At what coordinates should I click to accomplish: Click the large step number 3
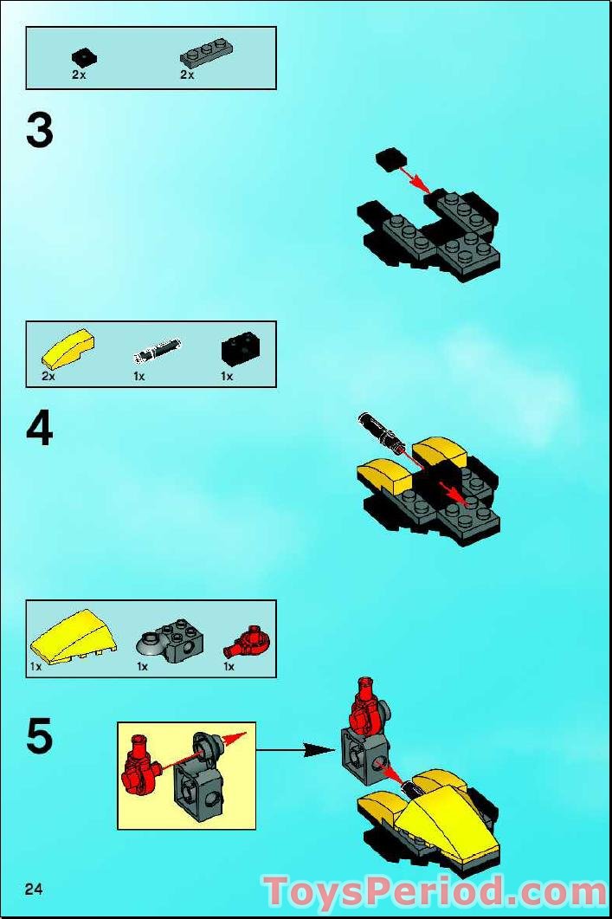tap(40, 132)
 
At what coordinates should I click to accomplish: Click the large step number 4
tap(40, 430)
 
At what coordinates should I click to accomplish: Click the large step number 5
tap(40, 736)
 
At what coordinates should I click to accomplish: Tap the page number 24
tap(35, 889)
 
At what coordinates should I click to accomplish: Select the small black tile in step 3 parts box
tap(84, 57)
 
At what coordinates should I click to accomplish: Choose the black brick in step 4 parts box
tap(240, 350)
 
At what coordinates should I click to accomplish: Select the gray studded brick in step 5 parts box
tap(170, 638)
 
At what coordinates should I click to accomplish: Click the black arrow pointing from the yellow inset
tap(295, 750)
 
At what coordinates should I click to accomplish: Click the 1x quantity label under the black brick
tap(227, 376)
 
